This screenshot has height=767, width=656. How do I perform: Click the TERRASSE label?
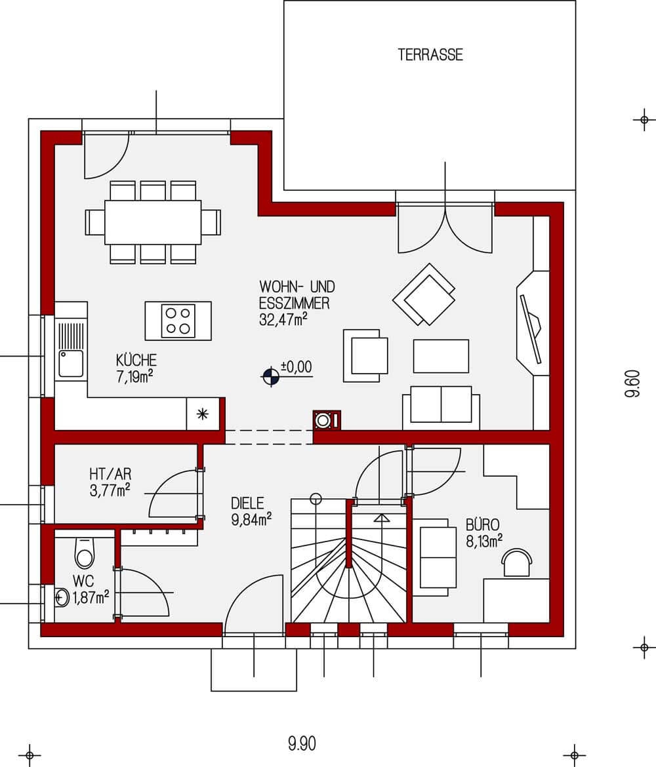[x=430, y=54]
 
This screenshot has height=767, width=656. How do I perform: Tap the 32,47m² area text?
[x=284, y=319]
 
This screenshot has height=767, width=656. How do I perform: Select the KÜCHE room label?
[x=136, y=360]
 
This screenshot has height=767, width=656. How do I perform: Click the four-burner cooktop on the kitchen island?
[x=178, y=321]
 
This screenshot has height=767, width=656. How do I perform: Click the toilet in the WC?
[x=84, y=554]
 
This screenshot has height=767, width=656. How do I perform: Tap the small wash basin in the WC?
[x=62, y=597]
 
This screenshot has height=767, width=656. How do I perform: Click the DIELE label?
[x=247, y=503]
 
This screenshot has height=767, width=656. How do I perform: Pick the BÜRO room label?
[x=483, y=524]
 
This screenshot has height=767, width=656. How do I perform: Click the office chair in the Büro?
[x=516, y=563]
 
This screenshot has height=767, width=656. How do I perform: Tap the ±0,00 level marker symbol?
[x=269, y=376]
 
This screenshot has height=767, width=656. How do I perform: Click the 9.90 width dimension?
[x=302, y=743]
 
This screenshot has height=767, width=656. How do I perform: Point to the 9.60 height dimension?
[x=632, y=383]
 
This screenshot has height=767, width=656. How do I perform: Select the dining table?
[x=152, y=222]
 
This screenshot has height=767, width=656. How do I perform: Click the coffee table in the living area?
[x=440, y=356]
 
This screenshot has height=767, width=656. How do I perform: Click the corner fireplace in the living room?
[x=533, y=322]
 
